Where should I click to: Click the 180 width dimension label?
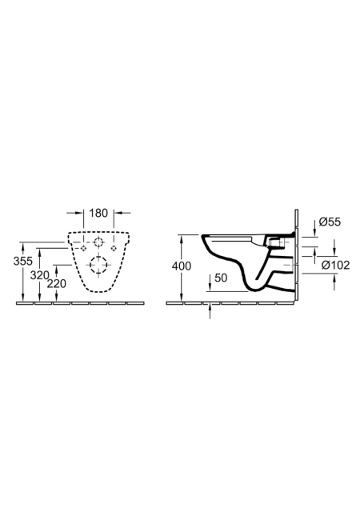98,213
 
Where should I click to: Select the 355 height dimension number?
23,261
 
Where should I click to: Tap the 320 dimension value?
39,275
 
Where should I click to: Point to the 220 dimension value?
57,283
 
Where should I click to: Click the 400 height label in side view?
182,266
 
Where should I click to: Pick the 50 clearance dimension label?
221,278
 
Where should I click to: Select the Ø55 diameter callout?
330,222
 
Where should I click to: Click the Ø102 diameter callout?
335,265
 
